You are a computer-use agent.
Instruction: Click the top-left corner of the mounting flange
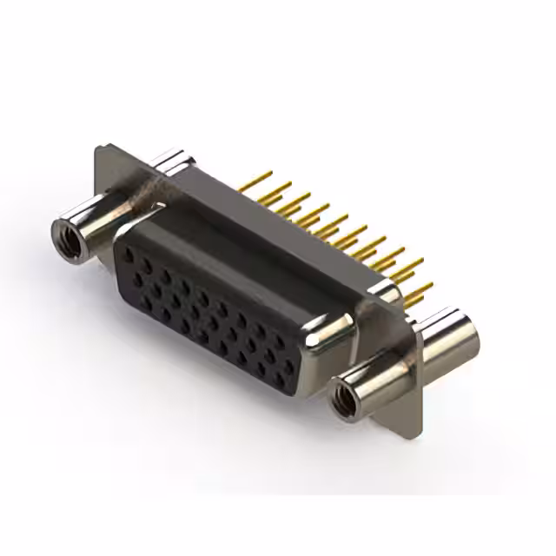point(96,149)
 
